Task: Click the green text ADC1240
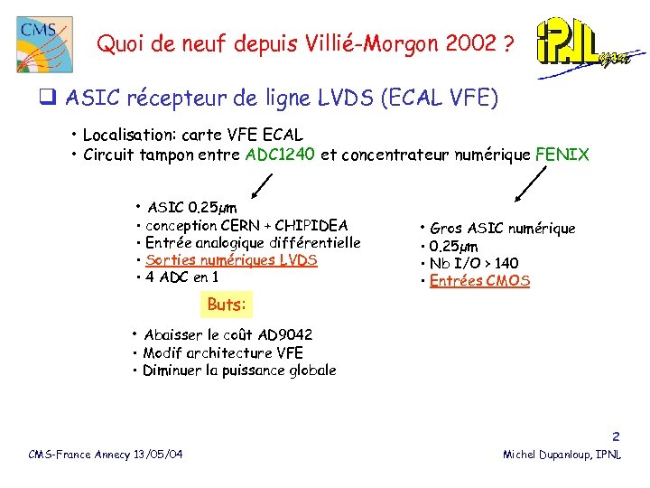[280, 155]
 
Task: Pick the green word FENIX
[562, 155]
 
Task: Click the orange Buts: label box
[226, 305]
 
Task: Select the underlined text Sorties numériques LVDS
[231, 260]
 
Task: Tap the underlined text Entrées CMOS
[479, 281]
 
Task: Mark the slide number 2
[616, 436]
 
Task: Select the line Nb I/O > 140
[474, 264]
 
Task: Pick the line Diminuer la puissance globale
[239, 371]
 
